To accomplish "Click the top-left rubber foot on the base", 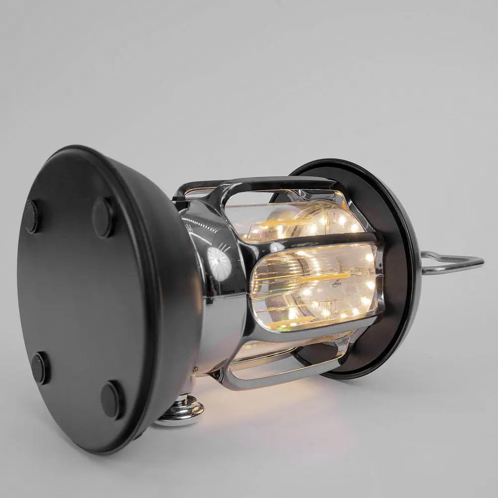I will [31, 217].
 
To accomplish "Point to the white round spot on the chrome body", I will [219, 262].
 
